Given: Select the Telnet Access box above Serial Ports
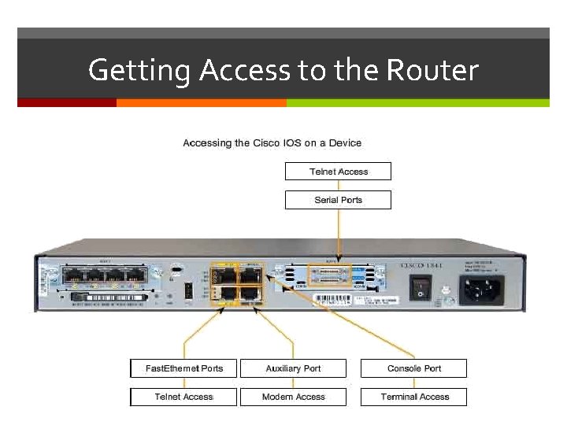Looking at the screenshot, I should click(338, 172).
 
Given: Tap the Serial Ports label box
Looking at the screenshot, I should click(338, 200).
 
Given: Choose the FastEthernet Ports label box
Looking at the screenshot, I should click(184, 368).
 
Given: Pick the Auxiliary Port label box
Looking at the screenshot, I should click(293, 368).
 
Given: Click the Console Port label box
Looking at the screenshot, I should click(413, 368).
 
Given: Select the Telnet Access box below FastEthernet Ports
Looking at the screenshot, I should click(184, 397).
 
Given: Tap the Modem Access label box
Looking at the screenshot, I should click(293, 397).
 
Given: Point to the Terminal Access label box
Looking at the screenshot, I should click(413, 397).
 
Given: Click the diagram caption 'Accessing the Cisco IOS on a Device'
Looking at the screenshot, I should click(272, 143).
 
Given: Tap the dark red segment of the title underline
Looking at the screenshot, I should click(67, 102).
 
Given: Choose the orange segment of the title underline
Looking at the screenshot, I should click(201, 102).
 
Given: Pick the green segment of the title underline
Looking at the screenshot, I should click(417, 102).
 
